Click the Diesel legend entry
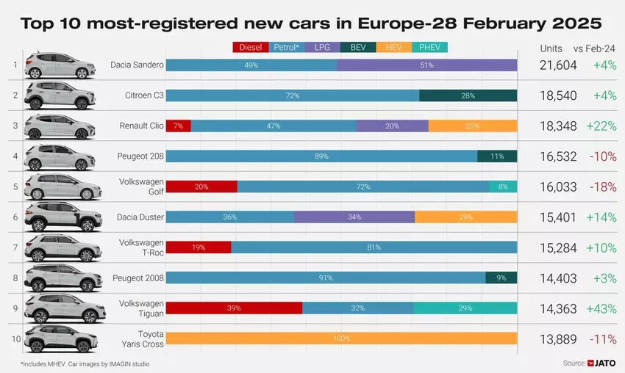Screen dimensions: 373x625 [251, 48]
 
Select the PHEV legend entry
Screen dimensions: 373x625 [429, 48]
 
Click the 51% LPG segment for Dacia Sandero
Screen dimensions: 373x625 [426, 65]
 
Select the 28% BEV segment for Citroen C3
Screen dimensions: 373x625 [468, 95]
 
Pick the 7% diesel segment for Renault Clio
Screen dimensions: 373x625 [178, 126]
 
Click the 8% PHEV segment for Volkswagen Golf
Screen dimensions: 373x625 [503, 186]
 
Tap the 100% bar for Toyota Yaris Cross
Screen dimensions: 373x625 [341, 338]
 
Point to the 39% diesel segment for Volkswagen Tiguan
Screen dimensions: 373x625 [234, 308]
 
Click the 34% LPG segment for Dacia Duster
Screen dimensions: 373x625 [354, 217]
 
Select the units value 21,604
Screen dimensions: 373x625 [557, 65]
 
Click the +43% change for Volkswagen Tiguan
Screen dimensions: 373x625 [601, 308]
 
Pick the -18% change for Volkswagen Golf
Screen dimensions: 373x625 [602, 186]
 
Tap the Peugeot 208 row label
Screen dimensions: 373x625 [140, 156]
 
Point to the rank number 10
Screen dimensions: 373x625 [14, 338]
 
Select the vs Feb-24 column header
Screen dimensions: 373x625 [594, 48]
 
